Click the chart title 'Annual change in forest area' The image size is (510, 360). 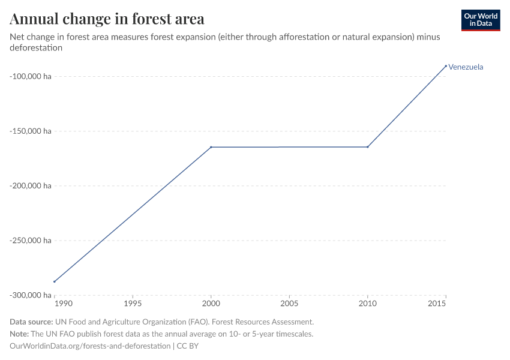point(107,19)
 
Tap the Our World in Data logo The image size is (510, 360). point(480,20)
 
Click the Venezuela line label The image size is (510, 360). point(466,67)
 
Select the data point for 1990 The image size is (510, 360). point(55,281)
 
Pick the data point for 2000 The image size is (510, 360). point(211,147)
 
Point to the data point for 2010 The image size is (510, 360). point(368,147)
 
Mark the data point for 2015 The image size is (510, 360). point(446,65)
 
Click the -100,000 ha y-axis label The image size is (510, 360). point(30,76)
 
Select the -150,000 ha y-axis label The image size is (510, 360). point(30,131)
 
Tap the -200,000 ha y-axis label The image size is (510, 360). point(30,186)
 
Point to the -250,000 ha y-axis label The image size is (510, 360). point(30,241)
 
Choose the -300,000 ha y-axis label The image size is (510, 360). point(30,295)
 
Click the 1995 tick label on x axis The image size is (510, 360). point(133,304)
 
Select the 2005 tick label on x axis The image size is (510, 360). point(289,304)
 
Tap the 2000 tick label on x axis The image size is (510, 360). point(211,304)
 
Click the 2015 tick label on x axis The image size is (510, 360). point(445,304)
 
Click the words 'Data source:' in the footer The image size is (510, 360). point(31,322)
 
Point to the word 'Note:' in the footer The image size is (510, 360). point(20,334)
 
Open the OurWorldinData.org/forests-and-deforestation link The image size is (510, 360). point(90,346)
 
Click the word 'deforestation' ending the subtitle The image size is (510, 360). point(37,48)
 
